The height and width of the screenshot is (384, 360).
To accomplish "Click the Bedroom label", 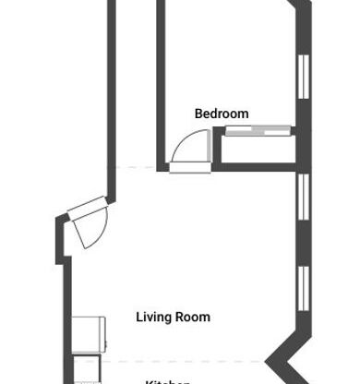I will click(222, 114).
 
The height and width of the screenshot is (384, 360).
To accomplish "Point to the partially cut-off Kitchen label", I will click(168, 380).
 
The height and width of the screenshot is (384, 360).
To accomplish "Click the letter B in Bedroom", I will click(198, 114).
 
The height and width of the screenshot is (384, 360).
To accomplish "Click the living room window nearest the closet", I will click(302, 195).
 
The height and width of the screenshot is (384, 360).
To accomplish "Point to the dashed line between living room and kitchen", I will click(185, 360).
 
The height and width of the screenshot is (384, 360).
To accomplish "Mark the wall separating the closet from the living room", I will click(258, 168).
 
